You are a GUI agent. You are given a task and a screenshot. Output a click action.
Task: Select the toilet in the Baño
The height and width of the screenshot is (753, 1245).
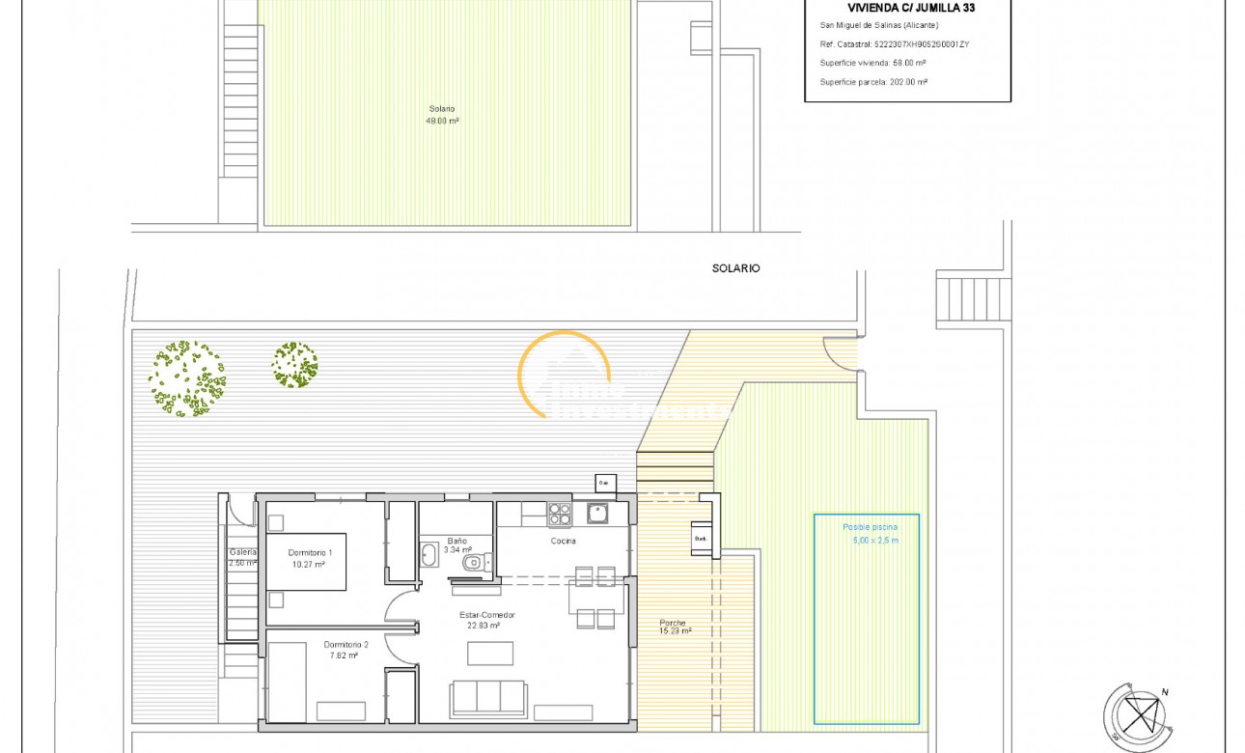[474, 562]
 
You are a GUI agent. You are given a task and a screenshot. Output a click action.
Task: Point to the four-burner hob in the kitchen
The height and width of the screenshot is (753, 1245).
[560, 515]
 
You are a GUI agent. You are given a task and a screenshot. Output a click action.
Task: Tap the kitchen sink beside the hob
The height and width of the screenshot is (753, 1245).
[597, 513]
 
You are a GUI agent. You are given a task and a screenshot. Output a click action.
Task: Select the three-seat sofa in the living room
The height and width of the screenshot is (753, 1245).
[488, 698]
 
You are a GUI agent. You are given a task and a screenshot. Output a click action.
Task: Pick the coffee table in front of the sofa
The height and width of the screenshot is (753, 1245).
[490, 654]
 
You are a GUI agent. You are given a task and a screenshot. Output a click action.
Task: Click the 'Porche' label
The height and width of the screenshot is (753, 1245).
[673, 623]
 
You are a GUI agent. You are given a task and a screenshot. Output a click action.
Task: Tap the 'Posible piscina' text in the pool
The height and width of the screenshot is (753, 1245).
[870, 527]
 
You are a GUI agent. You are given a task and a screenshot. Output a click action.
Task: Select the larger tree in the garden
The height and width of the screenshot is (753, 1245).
[187, 378]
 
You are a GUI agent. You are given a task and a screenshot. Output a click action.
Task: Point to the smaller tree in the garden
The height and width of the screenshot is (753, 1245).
[295, 365]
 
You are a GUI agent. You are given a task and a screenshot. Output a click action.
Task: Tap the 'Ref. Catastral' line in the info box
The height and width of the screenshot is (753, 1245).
[894, 43]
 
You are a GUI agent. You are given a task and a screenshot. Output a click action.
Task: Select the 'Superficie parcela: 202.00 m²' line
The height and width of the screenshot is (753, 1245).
[873, 82]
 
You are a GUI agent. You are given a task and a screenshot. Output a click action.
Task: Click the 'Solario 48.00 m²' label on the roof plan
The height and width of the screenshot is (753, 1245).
[442, 115]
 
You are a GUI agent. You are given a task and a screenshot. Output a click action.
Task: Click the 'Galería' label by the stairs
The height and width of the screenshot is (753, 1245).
[242, 552]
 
